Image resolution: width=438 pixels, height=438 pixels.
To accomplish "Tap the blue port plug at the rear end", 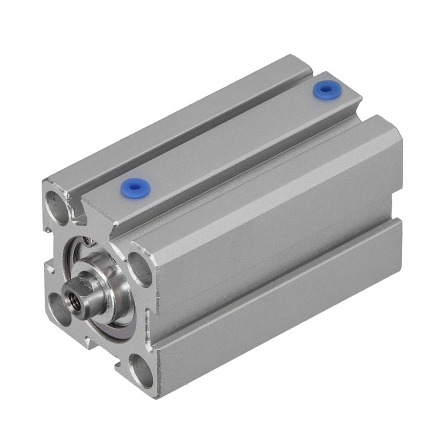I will (x=326, y=90).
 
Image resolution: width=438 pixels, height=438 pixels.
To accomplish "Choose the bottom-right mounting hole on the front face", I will (x=140, y=370).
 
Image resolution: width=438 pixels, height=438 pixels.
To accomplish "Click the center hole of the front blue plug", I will (x=133, y=187).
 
